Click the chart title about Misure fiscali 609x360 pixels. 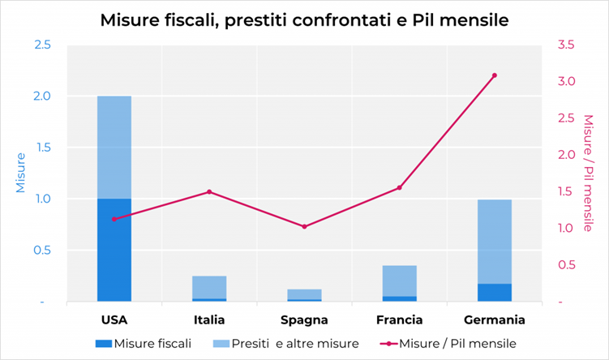coord(304,20)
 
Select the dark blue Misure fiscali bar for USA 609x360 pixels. coord(114,250)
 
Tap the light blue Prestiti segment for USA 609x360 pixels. coord(114,147)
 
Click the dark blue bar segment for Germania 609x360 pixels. coord(495,293)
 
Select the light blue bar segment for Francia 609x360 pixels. coord(400,281)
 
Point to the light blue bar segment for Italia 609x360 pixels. coord(209,287)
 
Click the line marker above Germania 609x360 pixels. coord(495,75)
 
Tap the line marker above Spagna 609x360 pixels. coord(304,226)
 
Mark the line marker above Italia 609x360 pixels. coord(209,192)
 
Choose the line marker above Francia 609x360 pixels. coord(400,188)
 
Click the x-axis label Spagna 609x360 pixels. coord(304,319)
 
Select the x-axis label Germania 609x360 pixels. coord(495,319)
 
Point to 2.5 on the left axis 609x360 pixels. coord(42,44)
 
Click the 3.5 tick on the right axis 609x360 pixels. coord(566,44)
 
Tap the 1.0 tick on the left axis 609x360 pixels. coord(42,199)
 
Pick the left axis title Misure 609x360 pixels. coord(19,172)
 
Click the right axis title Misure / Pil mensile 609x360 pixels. coord(589,172)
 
